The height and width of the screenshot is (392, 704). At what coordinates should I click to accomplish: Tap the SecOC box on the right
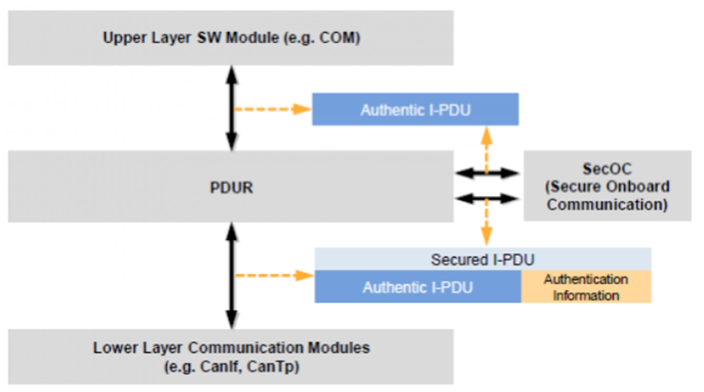pos(610,187)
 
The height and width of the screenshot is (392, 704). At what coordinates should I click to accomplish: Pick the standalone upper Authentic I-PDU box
pos(416,110)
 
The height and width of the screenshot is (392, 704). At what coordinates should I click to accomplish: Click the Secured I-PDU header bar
pos(482,259)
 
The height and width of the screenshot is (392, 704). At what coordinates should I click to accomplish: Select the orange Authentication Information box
pos(586,287)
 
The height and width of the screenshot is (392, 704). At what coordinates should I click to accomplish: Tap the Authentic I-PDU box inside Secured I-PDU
pos(416,287)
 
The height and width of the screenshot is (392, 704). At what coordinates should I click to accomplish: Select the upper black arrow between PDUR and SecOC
pos(487,173)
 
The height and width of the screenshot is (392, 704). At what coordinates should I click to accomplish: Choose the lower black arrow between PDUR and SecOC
pos(487,198)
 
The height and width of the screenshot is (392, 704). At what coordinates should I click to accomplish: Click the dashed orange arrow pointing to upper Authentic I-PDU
pos(272,110)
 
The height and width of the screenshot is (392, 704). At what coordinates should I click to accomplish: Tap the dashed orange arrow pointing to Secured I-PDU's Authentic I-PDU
pos(272,275)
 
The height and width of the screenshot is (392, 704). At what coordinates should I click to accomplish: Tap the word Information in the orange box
pos(586,294)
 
